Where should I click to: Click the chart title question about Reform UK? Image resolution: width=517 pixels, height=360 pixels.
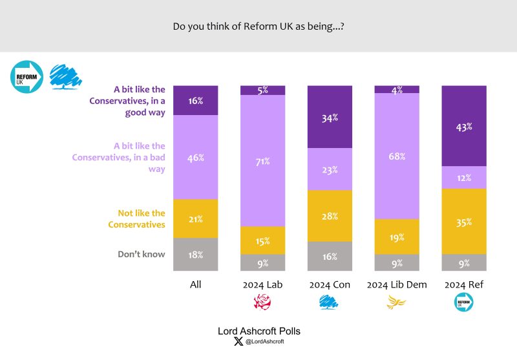(x=258, y=27)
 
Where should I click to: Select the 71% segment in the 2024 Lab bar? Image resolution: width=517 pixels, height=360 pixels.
(x=262, y=161)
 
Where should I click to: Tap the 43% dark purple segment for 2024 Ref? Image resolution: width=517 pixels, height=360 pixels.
(x=464, y=126)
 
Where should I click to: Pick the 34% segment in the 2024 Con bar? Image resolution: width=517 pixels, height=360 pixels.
(x=330, y=117)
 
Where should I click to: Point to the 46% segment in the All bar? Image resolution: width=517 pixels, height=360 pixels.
(x=196, y=157)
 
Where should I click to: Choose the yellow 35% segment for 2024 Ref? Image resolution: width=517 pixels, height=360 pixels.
(x=464, y=221)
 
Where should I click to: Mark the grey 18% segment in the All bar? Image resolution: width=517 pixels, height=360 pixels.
(x=196, y=254)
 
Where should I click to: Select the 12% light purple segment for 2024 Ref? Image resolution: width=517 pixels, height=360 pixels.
(x=464, y=177)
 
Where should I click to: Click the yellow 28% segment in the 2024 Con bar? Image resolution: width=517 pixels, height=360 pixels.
(x=330, y=216)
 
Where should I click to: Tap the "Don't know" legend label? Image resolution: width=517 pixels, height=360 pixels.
(x=142, y=254)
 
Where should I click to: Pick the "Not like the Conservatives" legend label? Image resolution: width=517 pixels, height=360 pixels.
(x=142, y=218)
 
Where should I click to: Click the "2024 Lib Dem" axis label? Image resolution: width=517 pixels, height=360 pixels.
(x=397, y=284)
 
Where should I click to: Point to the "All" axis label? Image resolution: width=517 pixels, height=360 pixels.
(x=196, y=284)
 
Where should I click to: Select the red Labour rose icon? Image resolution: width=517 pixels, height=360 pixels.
(x=262, y=301)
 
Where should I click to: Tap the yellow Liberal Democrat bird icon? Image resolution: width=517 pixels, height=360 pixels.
(x=397, y=301)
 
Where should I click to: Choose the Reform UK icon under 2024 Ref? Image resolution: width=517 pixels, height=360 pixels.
(x=464, y=301)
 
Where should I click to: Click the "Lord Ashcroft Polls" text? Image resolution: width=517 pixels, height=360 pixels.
(x=258, y=331)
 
